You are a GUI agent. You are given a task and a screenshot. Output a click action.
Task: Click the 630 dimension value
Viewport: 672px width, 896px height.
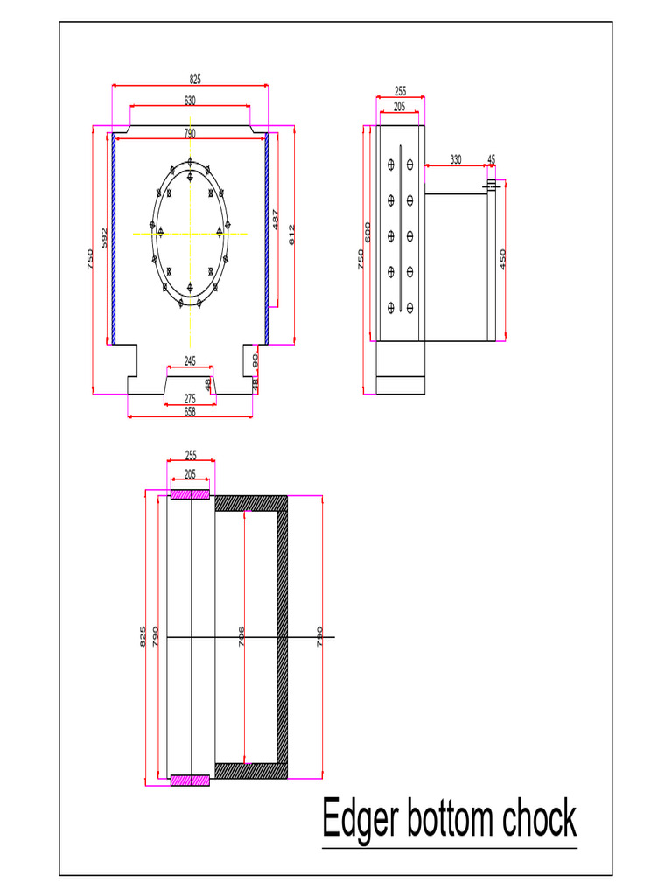[x=190, y=101]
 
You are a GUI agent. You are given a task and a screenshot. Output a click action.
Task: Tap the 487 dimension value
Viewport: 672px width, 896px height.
[x=276, y=220]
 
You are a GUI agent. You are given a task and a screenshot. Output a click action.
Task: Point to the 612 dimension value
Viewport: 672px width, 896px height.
[x=292, y=234]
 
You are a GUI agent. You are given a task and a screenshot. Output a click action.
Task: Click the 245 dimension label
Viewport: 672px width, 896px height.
[x=190, y=360]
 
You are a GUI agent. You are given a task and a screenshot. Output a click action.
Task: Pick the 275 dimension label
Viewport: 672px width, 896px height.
[x=190, y=399]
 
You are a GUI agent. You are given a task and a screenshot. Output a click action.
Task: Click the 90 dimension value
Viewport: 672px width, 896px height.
[x=255, y=360]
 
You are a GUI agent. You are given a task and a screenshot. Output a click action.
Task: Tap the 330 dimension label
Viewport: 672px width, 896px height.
[x=456, y=159]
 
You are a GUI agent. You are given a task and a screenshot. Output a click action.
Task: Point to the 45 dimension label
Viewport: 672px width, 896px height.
[x=492, y=159]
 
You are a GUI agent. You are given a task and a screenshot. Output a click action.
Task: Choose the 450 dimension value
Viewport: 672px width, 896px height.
[x=503, y=259]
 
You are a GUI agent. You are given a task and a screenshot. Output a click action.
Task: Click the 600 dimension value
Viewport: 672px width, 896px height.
[x=368, y=234]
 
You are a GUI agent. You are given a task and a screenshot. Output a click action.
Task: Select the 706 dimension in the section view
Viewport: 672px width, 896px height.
[x=241, y=635]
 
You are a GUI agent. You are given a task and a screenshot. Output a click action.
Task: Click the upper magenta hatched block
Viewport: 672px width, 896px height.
[x=190, y=495]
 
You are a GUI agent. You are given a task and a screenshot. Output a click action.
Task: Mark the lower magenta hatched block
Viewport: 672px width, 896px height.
[x=190, y=780]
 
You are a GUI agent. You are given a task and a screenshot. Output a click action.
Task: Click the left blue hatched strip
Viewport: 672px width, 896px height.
[x=114, y=239]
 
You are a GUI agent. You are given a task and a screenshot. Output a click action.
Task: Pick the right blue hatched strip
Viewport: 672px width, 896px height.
[x=266, y=239]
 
